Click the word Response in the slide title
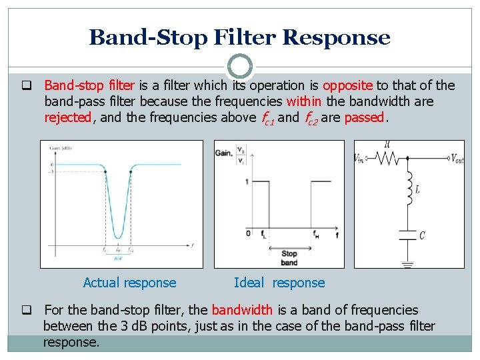pos(336,37)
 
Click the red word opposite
pos(348,85)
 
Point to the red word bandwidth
pos(242,310)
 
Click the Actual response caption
pos(129,283)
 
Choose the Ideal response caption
pos(279,283)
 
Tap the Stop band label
pos(289,257)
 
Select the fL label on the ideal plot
pos(265,235)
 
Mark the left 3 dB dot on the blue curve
pos(105,171)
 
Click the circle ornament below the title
pos(240,67)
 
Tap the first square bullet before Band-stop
pos(27,85)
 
